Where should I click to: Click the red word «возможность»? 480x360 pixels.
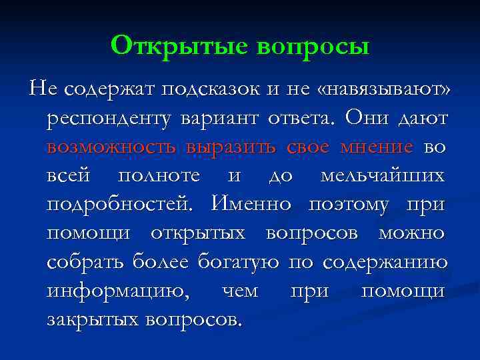(112, 147)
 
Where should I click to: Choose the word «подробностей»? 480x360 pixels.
(124, 204)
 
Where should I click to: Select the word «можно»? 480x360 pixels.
(411, 233)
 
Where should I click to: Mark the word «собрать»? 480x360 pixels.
(84, 261)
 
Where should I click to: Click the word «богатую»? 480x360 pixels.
(238, 261)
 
